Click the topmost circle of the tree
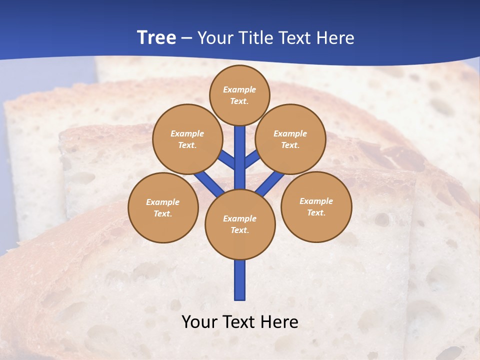(239, 95)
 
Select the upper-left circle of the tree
(187, 139)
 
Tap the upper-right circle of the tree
(290, 139)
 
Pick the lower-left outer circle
(163, 207)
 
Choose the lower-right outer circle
(316, 206)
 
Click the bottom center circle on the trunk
(240, 224)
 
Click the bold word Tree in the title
(156, 37)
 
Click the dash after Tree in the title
(186, 38)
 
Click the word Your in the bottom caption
(198, 321)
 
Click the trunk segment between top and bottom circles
(240, 157)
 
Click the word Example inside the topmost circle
(239, 89)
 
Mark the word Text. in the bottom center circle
(239, 230)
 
